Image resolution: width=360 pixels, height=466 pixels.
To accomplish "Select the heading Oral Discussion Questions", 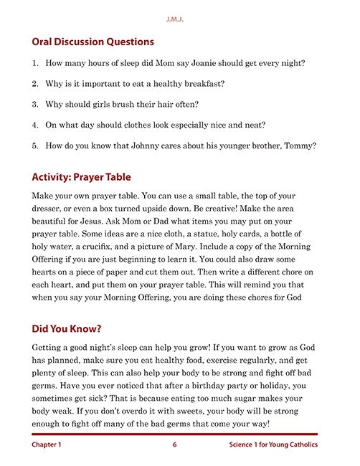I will tap(93, 42).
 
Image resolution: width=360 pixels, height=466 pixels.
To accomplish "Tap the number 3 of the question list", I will tap(35, 104).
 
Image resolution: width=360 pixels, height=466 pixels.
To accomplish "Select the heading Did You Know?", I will tap(66, 329).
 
